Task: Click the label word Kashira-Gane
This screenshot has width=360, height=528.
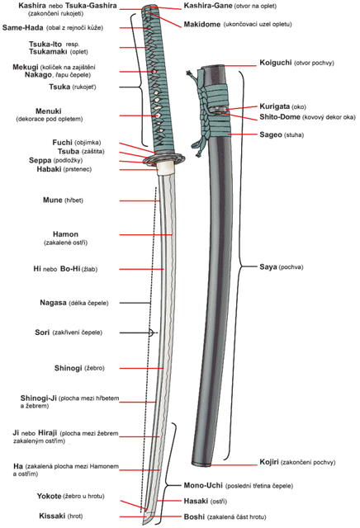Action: coord(207,6)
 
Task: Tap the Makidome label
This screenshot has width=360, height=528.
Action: coord(202,24)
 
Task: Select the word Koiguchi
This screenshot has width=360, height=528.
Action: coord(276,63)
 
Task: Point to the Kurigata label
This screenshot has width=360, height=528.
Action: coord(274,106)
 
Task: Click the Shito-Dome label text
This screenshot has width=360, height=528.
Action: coord(279,117)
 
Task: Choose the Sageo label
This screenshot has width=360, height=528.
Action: coord(270,134)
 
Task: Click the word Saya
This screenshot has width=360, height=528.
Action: coord(268,267)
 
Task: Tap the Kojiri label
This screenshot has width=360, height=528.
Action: coord(269,462)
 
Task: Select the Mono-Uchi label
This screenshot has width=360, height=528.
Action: coord(203,485)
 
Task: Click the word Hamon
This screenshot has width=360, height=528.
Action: coord(65,234)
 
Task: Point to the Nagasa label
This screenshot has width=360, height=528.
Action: coord(53,303)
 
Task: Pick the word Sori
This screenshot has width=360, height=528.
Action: coord(42,332)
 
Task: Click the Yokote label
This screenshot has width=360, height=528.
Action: coord(50,496)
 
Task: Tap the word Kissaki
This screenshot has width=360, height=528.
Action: coord(52,516)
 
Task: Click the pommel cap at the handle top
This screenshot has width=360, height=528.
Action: coord(150,8)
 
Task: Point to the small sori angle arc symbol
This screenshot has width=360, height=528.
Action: coord(151,332)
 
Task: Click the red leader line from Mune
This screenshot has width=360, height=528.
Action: coord(140,200)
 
